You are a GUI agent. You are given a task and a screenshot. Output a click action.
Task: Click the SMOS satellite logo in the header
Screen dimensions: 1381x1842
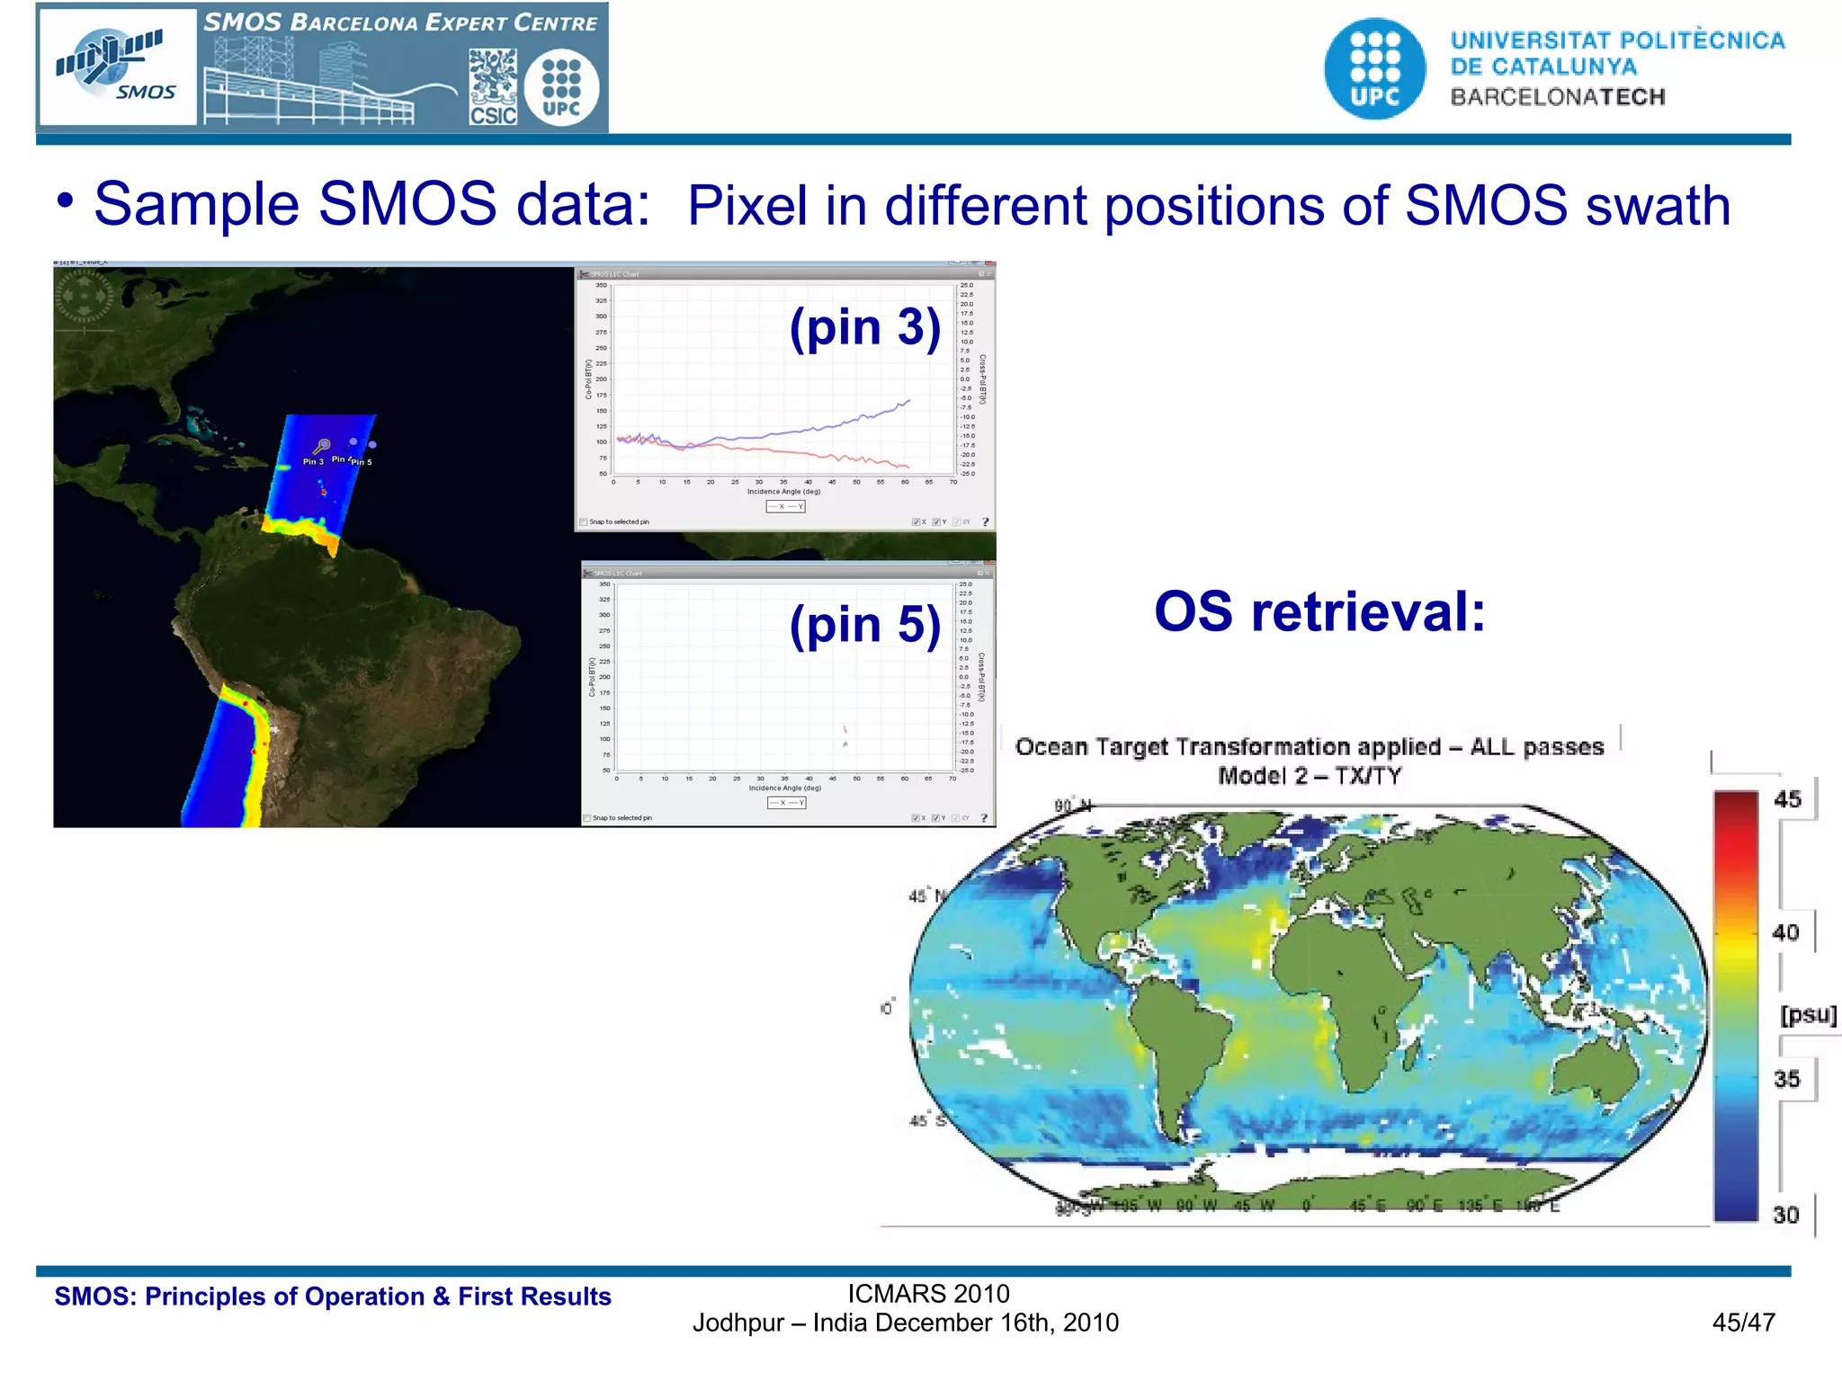(x=117, y=67)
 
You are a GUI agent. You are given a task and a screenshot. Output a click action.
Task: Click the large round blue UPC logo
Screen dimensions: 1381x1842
(x=1374, y=69)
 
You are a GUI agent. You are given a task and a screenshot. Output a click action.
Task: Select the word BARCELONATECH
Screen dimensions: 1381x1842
(x=1557, y=97)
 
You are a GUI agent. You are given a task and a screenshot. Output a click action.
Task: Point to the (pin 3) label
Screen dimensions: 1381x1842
(x=864, y=326)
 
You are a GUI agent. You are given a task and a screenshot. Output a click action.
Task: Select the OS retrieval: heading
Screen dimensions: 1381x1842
(x=1319, y=612)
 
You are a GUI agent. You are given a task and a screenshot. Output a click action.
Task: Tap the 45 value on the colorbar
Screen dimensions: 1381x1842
(x=1786, y=799)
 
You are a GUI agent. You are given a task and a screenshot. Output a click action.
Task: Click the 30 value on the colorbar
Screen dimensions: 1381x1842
(x=1785, y=1215)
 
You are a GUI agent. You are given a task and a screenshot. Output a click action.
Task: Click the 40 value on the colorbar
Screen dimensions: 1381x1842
(x=1785, y=932)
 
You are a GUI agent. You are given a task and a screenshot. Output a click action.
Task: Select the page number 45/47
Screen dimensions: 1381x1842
(x=1743, y=1323)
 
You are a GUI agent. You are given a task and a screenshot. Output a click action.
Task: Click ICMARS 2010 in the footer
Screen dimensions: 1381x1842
(x=928, y=1294)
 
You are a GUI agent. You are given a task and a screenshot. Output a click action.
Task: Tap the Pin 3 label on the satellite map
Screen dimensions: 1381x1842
(x=312, y=462)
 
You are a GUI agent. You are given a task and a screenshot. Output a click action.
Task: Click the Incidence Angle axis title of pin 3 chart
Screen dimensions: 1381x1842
(x=783, y=492)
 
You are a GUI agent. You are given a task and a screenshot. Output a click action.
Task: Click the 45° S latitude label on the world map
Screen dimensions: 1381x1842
(x=927, y=1121)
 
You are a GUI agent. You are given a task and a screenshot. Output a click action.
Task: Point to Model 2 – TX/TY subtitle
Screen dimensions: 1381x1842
(x=1310, y=776)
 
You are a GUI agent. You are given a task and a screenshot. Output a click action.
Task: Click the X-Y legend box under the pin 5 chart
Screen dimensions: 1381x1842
(x=786, y=803)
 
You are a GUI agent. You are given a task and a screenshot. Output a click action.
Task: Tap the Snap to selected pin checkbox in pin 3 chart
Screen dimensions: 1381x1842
(x=584, y=521)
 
